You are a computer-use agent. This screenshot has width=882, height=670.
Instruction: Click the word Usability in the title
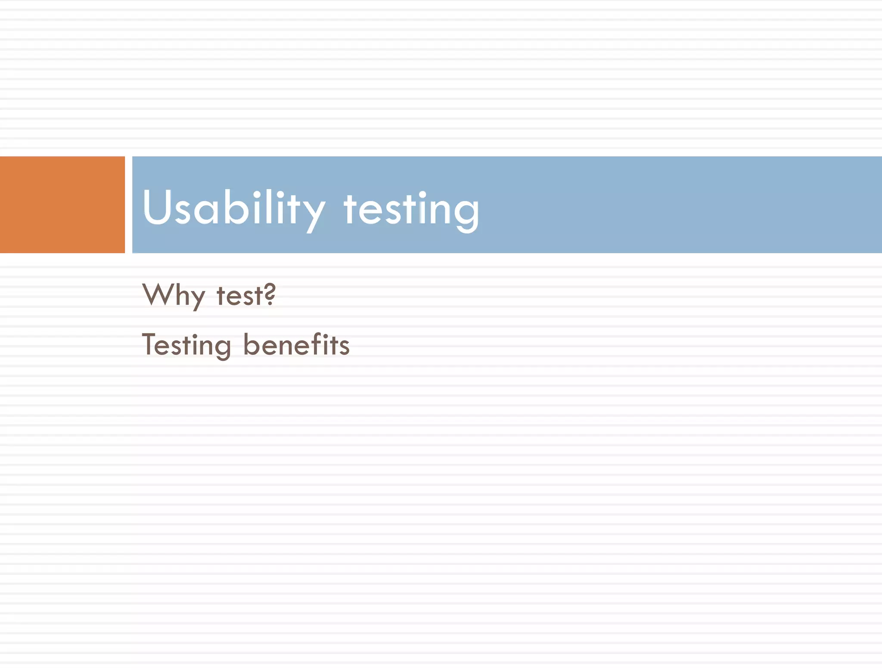point(233,208)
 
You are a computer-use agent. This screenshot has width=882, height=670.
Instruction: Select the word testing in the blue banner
point(411,209)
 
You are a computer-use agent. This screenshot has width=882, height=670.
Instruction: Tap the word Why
point(173,295)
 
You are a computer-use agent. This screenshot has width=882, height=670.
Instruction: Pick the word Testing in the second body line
point(186,345)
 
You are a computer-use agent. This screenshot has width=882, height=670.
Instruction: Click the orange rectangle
point(62,205)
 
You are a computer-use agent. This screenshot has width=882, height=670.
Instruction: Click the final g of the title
point(467,213)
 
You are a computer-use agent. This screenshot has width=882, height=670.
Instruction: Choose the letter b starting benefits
point(252,344)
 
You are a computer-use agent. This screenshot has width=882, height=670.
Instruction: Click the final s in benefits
point(345,347)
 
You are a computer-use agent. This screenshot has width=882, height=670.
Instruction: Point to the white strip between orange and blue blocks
point(128,205)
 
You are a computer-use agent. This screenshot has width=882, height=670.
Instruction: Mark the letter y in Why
point(197,299)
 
